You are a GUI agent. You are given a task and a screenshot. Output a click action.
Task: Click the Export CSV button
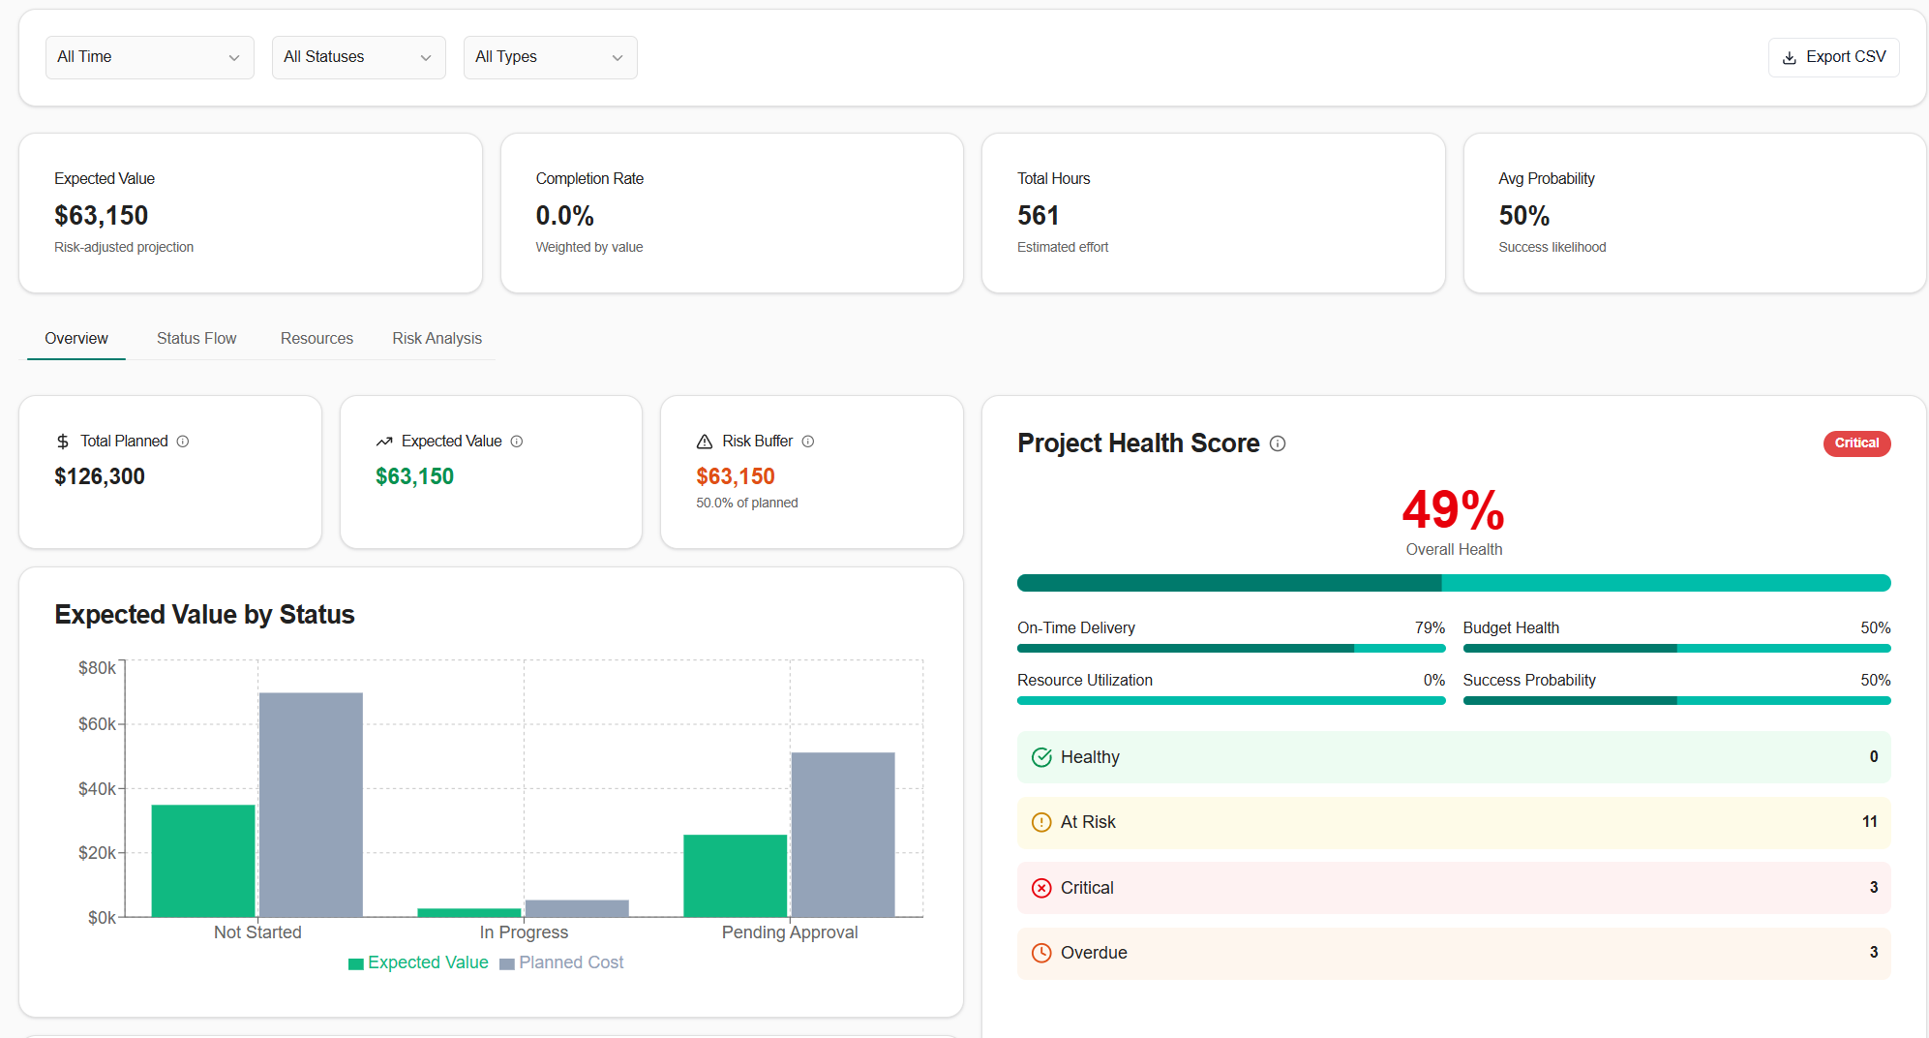click(1833, 57)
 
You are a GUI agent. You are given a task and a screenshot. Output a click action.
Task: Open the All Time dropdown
click(149, 57)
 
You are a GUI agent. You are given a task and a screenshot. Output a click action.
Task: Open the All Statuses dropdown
click(358, 57)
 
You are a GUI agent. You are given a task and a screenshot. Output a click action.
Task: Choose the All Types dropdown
click(550, 57)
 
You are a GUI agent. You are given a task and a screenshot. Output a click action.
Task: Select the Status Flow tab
click(196, 338)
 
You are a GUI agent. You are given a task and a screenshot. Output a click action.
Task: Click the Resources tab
click(316, 338)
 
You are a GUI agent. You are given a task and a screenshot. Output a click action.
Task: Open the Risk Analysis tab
click(437, 338)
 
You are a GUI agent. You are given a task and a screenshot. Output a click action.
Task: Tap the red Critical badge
click(1855, 443)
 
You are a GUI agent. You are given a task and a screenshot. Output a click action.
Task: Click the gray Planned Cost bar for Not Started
click(311, 804)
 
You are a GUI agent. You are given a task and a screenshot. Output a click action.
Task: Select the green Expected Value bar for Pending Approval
click(735, 875)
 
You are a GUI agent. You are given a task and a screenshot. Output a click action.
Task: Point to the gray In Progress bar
click(577, 908)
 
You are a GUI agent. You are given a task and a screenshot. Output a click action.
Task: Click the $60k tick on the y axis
click(97, 724)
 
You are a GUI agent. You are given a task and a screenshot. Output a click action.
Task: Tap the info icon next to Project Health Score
click(1278, 443)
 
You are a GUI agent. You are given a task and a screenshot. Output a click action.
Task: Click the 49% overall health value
click(1453, 510)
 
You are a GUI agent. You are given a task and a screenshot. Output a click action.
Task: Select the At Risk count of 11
click(1869, 822)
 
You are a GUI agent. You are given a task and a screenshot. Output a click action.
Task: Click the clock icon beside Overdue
click(1041, 953)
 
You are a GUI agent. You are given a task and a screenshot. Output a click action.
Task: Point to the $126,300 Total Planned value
click(100, 476)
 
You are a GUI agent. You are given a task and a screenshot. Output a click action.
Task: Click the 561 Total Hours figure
click(1038, 215)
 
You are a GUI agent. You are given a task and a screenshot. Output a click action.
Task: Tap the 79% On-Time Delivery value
click(1429, 628)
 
